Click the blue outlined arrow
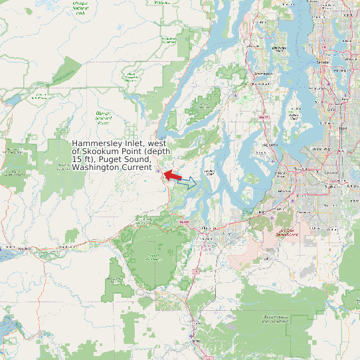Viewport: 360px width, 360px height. click(x=189, y=182)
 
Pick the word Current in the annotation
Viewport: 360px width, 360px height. click(x=137, y=167)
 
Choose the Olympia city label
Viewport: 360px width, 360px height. click(x=207, y=228)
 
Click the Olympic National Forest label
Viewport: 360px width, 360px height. click(x=103, y=118)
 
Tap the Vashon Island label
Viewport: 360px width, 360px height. click(x=295, y=117)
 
